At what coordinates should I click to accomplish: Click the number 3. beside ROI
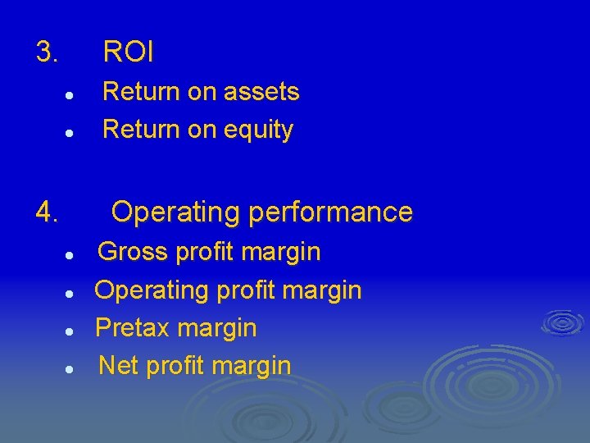47,53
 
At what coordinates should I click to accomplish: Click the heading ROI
128,53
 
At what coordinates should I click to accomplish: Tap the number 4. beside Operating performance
47,213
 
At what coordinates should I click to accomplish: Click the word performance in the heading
330,212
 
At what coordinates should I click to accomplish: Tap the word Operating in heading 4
175,212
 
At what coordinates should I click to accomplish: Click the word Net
118,365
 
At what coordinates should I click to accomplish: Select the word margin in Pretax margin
217,328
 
